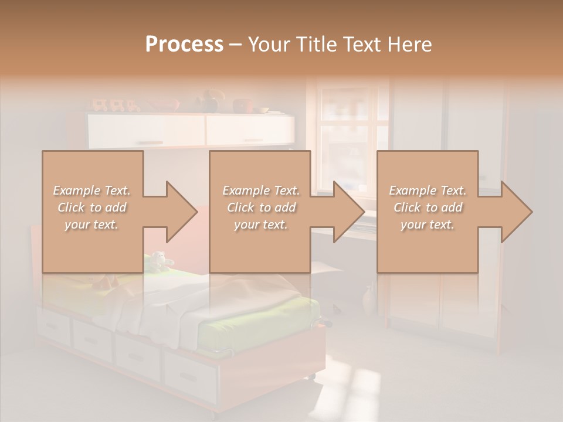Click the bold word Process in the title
point(184,45)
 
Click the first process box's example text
point(92,207)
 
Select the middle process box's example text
point(260,207)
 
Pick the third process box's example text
point(428,207)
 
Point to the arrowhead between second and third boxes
point(348,212)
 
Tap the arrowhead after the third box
point(516,212)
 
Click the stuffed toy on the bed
point(158,261)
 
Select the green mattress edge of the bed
point(258,328)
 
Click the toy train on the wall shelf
point(115,106)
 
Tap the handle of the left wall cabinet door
point(150,142)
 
